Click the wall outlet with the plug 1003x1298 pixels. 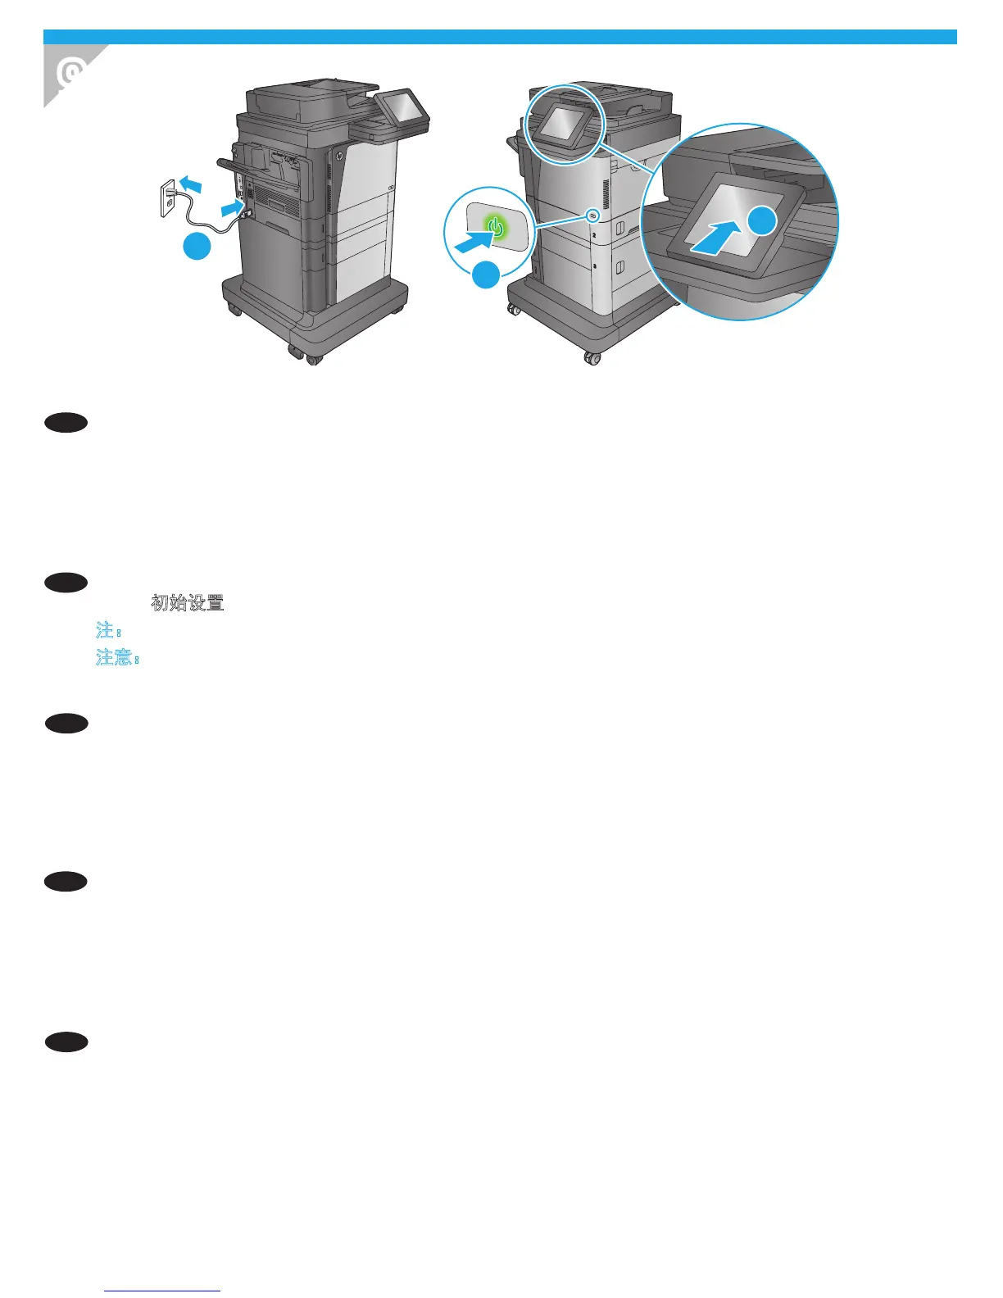point(168,198)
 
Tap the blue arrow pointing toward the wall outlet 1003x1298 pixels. point(190,182)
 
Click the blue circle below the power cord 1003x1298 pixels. point(197,247)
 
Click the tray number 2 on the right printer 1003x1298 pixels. point(594,235)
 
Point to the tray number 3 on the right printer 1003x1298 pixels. point(594,267)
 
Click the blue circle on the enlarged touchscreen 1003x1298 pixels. point(762,220)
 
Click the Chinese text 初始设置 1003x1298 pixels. point(188,603)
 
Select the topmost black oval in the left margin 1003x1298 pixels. point(66,423)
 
